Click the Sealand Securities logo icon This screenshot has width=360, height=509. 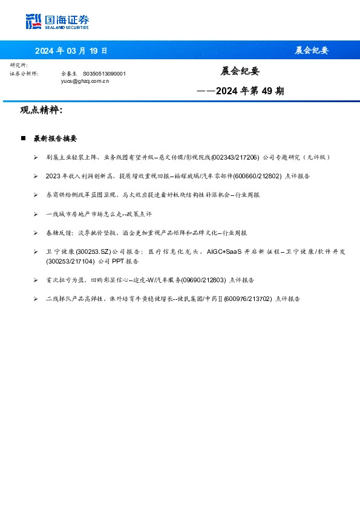click(x=33, y=22)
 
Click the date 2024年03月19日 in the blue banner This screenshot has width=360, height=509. click(x=71, y=50)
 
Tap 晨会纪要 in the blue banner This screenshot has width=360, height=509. click(x=312, y=50)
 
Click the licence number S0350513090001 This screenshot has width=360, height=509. click(x=104, y=73)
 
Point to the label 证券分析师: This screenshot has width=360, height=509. click(x=24, y=73)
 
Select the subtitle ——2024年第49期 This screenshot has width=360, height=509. click(x=240, y=92)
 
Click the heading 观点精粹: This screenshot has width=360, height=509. click(x=41, y=111)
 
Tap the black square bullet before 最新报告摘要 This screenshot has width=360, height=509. click(x=23, y=138)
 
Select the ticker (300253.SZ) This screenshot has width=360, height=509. click(x=93, y=251)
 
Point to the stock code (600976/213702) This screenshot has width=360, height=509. click(x=247, y=299)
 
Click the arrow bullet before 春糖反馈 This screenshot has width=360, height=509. click(x=36, y=233)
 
